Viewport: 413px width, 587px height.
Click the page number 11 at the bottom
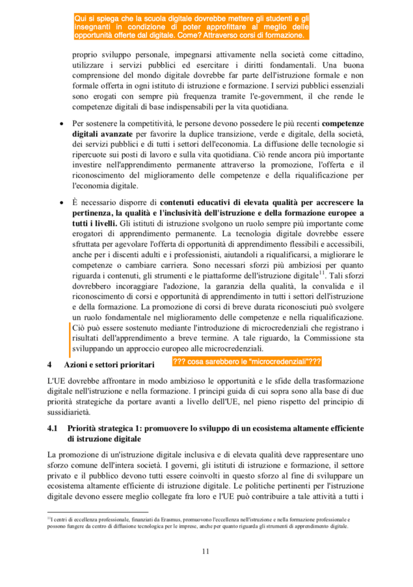point(206,551)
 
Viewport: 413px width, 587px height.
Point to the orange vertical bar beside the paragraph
point(68,337)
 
